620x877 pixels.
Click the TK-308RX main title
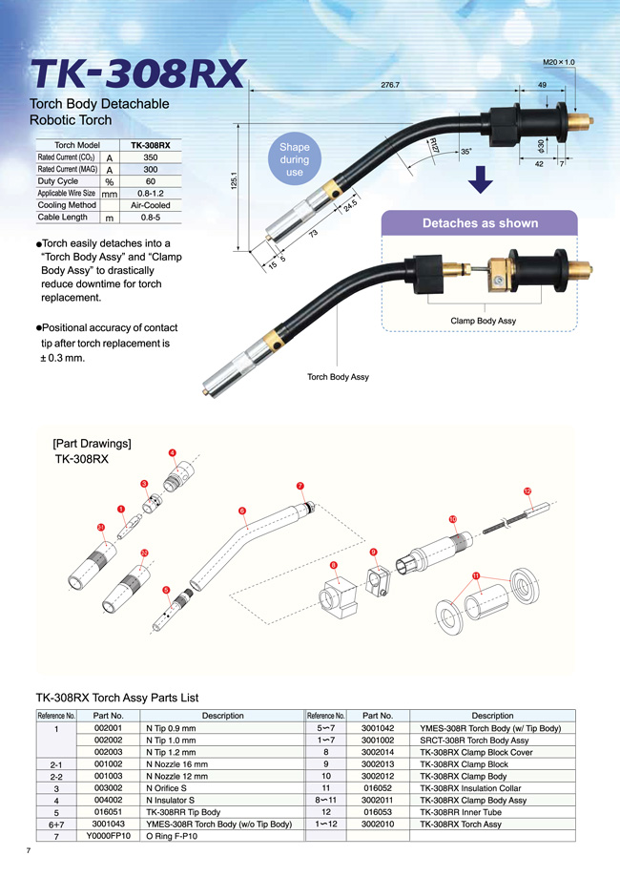click(x=138, y=73)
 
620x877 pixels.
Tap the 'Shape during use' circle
click(x=295, y=159)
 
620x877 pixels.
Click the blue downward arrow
click(x=480, y=179)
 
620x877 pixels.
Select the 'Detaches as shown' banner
click(x=480, y=223)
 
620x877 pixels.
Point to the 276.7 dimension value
click(x=390, y=85)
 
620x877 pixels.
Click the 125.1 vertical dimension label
click(x=235, y=179)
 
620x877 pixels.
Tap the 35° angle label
click(x=465, y=152)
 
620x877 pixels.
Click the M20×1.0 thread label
click(x=559, y=62)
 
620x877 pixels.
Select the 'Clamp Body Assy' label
click(x=483, y=321)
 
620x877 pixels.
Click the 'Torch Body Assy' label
click(x=338, y=377)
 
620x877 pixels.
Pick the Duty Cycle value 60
click(x=151, y=181)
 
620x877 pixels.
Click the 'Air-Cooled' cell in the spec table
click(x=151, y=205)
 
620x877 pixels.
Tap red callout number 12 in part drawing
click(x=527, y=491)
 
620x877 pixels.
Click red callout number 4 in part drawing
click(x=173, y=453)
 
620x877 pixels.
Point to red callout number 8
click(x=334, y=566)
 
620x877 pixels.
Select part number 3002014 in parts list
click(x=378, y=752)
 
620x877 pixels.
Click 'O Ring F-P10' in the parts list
click(x=172, y=836)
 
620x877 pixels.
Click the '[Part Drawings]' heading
click(x=92, y=444)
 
